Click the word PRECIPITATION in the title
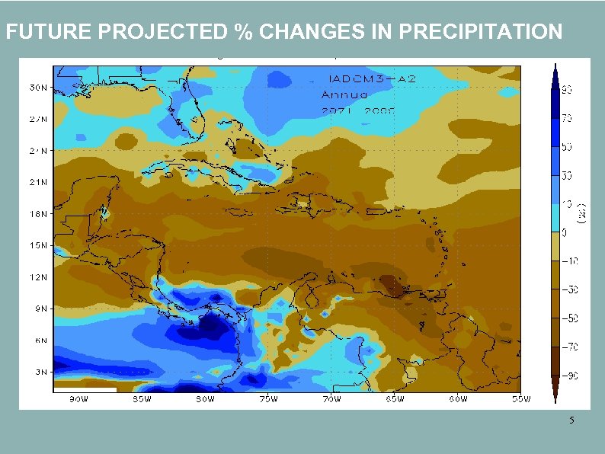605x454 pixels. click(x=480, y=32)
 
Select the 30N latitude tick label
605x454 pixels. click(x=30, y=88)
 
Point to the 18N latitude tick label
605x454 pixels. click(x=30, y=214)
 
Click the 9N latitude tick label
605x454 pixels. click(x=31, y=309)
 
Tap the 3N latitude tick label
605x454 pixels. click(x=31, y=372)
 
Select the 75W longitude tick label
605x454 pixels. click(x=268, y=398)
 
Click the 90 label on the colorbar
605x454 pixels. click(x=568, y=90)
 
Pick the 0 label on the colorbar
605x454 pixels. click(x=565, y=232)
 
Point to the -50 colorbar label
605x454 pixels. click(x=569, y=318)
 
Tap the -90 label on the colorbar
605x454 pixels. click(x=569, y=375)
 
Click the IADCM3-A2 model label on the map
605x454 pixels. click(x=361, y=79)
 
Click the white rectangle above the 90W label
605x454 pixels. click(x=85, y=389)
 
